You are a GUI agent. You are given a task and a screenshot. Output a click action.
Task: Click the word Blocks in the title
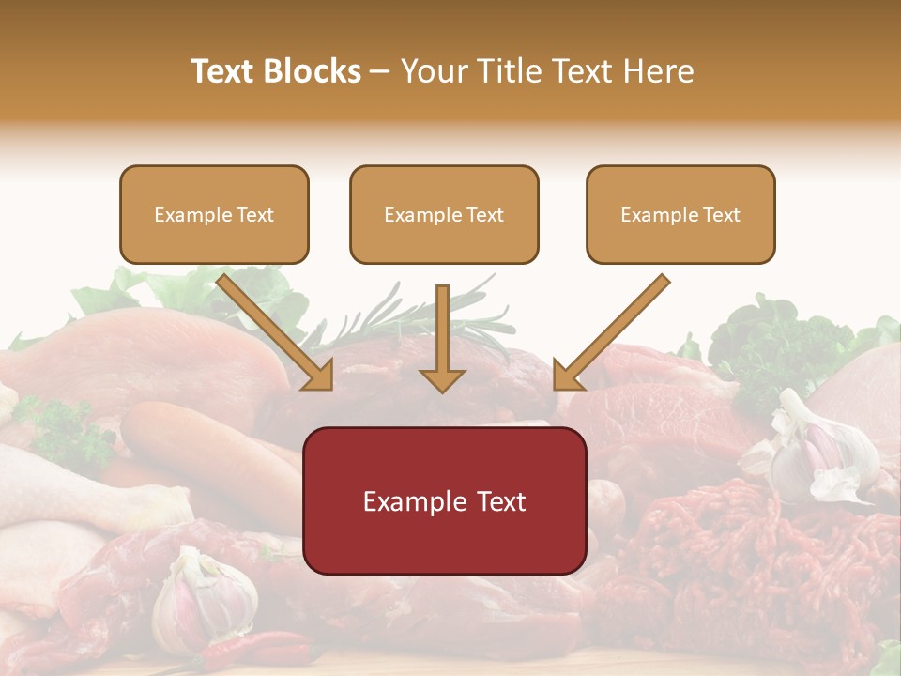[313, 71]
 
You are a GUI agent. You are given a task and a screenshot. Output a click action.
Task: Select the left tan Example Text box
[214, 214]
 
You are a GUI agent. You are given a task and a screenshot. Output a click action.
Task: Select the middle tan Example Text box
[444, 214]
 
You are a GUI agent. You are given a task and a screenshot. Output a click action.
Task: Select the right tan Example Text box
[680, 214]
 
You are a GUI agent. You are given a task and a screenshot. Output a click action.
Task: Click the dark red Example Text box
[444, 500]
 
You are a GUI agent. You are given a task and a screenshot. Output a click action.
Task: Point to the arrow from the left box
[277, 333]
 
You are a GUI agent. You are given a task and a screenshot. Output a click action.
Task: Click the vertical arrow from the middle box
[442, 338]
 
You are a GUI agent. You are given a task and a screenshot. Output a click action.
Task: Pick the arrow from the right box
[610, 333]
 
